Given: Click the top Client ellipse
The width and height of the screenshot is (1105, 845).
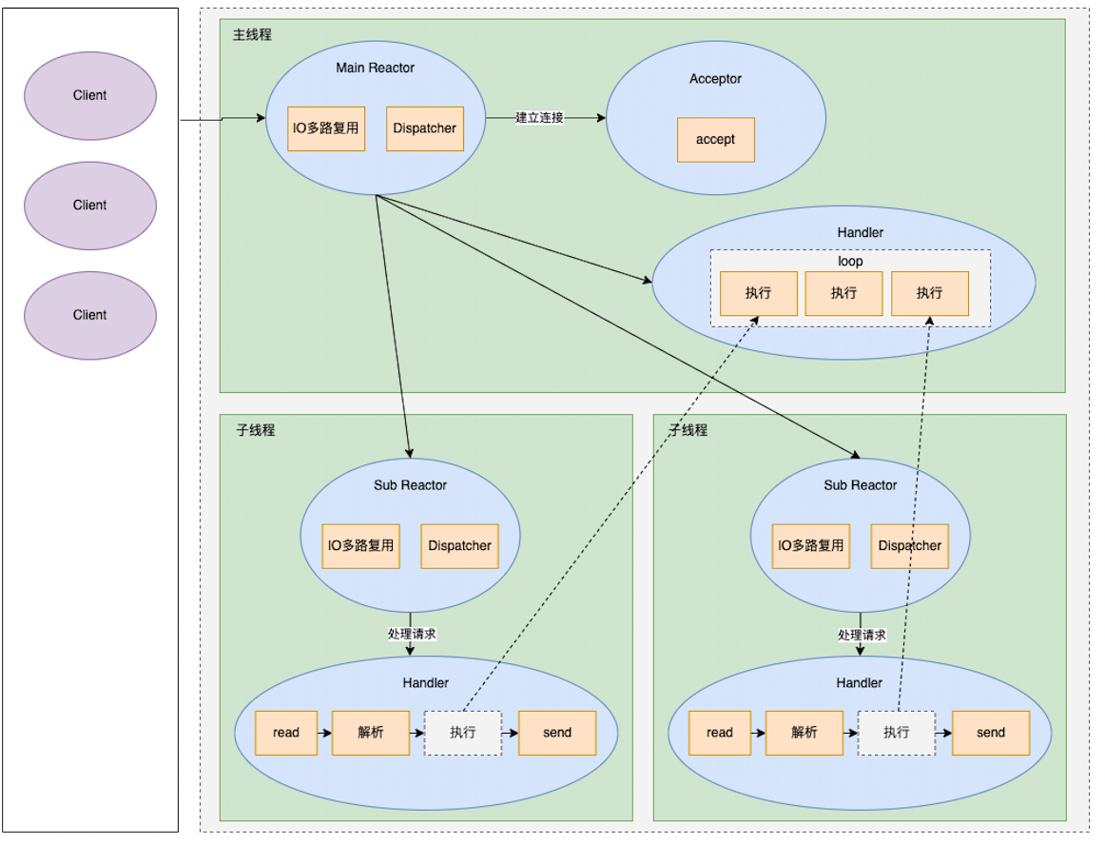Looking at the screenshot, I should click(x=90, y=95).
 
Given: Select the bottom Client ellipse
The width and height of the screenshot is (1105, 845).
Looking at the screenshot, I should click(x=90, y=315).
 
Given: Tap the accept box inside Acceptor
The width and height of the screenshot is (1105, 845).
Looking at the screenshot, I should click(x=715, y=140).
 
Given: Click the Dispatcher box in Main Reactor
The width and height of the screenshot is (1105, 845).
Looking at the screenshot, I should click(x=424, y=128).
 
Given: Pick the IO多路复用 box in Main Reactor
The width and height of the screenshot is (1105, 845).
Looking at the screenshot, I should click(x=326, y=128).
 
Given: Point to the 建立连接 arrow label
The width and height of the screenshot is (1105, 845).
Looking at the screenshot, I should click(x=539, y=118).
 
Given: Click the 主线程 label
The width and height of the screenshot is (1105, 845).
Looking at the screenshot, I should click(x=252, y=34).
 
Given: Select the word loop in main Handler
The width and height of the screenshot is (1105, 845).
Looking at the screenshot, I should click(x=850, y=261).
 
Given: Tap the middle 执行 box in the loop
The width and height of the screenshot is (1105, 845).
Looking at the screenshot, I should click(x=843, y=293).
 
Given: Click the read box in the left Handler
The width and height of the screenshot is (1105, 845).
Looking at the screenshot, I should click(x=285, y=733).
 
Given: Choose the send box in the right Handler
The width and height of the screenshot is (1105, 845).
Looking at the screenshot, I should click(x=990, y=733).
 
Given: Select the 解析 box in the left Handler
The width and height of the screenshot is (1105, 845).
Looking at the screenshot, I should click(x=370, y=733).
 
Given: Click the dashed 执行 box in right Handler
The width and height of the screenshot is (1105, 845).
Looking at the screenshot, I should click(x=896, y=733).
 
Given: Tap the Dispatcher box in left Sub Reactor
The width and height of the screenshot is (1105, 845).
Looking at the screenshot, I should click(x=459, y=546).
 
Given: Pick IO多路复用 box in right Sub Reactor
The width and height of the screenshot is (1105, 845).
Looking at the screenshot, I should click(x=810, y=546).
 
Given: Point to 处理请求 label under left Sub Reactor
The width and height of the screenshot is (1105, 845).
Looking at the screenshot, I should click(x=411, y=634).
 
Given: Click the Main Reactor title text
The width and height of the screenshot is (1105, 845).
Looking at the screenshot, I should click(x=376, y=68).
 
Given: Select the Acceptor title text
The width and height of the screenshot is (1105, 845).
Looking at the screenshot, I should click(x=715, y=79).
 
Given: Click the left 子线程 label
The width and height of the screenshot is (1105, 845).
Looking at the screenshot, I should click(x=255, y=430).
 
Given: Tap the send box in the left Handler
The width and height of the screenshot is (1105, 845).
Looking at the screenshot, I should click(x=557, y=733).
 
